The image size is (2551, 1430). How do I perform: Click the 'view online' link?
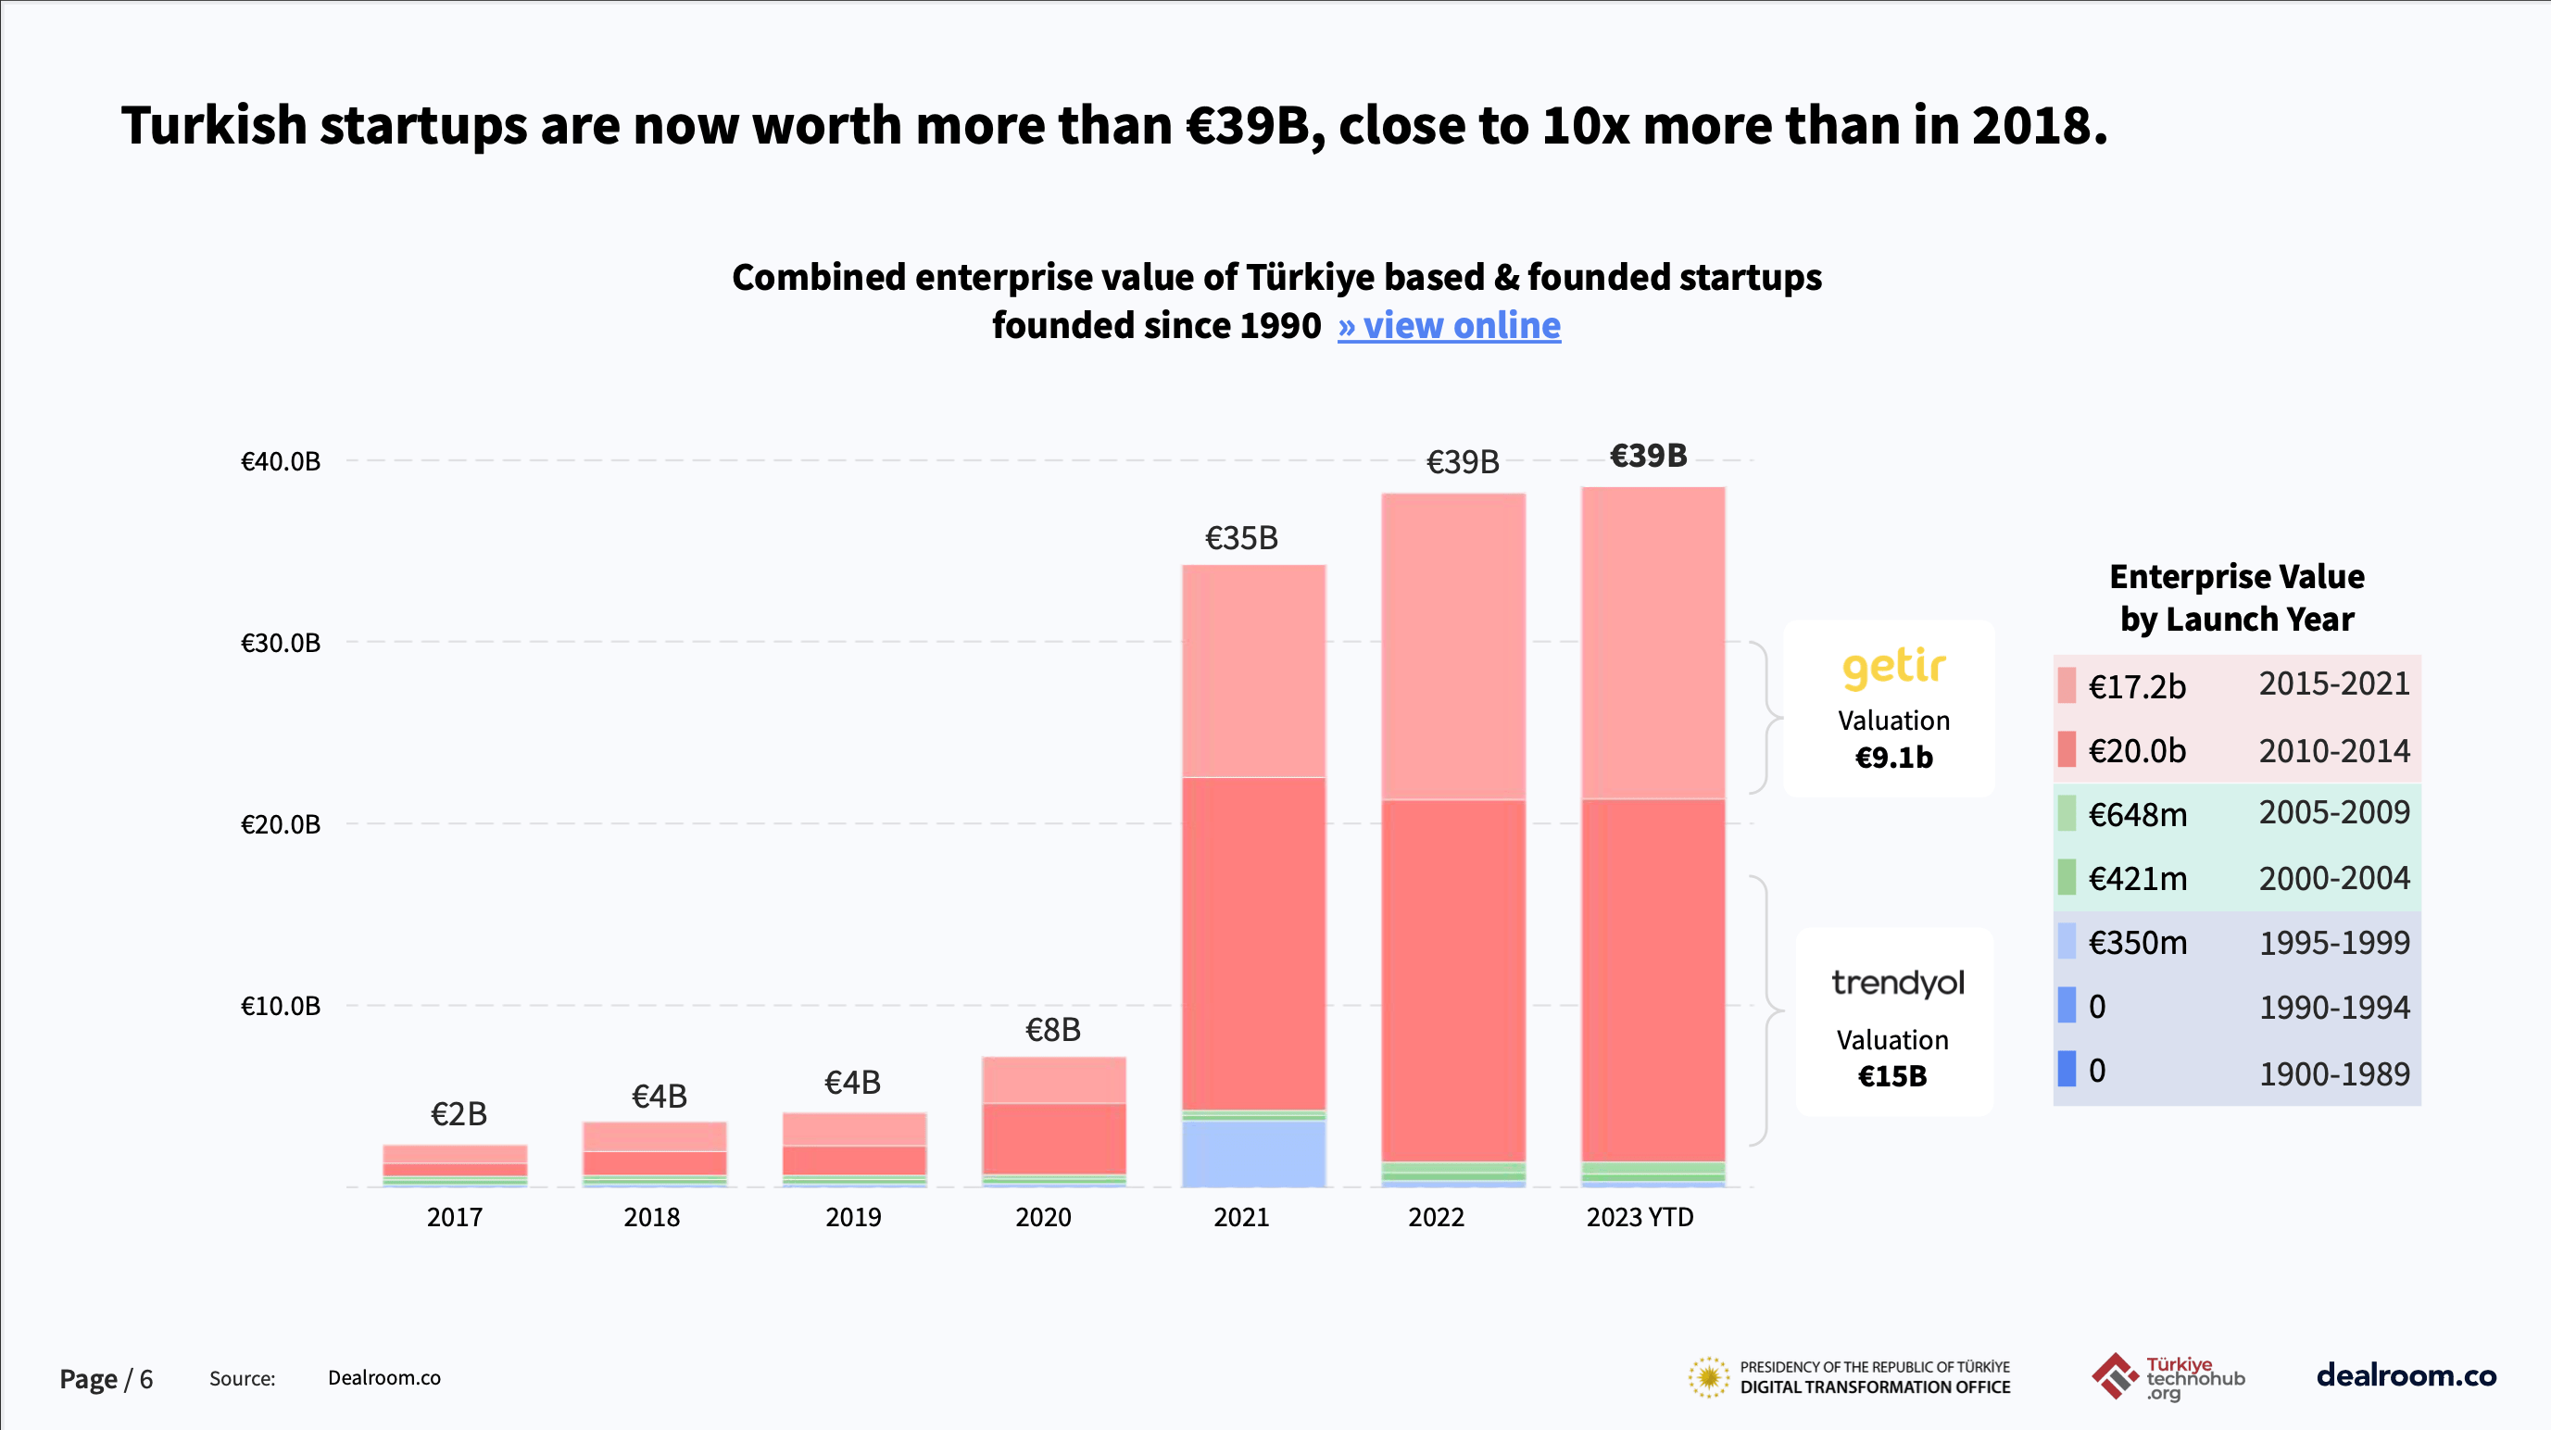1449,326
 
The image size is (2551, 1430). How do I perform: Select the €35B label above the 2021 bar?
1241,539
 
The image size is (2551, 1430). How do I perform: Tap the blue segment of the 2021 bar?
1252,1154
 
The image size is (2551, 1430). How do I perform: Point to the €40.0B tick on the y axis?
281,461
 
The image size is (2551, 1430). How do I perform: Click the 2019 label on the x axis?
852,1217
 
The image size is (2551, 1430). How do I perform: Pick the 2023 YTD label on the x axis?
1640,1217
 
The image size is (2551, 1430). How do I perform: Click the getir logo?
1893,668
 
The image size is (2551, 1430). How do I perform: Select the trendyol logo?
1897,984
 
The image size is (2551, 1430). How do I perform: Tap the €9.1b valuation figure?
1893,758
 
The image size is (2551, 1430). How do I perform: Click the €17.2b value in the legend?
2136,687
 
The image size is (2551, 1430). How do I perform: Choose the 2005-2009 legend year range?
2334,813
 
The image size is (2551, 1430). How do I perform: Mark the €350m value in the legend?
2137,943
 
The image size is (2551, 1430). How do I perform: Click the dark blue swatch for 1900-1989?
2067,1070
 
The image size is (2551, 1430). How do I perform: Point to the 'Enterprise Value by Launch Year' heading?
2236,598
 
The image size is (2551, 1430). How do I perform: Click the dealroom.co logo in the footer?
2406,1375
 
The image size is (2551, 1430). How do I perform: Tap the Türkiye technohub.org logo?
2168,1377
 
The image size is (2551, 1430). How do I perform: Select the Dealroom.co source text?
384,1378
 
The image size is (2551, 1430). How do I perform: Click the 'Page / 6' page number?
106,1379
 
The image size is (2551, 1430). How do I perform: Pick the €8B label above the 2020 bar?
1052,1031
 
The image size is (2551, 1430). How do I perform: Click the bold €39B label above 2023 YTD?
1648,456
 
